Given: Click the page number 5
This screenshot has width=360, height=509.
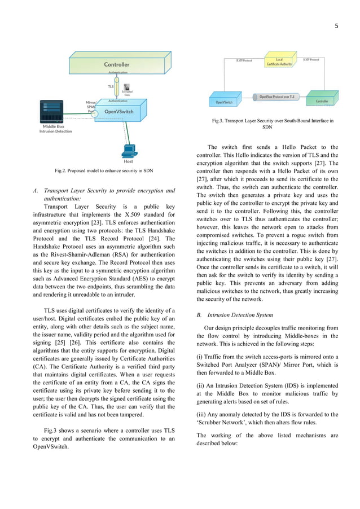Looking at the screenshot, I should [x=344, y=25].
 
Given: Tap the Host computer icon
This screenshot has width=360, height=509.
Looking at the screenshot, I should [x=129, y=151].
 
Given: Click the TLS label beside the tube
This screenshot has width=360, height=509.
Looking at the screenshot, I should [x=111, y=86].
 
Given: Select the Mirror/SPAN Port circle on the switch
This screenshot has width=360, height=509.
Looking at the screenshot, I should [x=94, y=113].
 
